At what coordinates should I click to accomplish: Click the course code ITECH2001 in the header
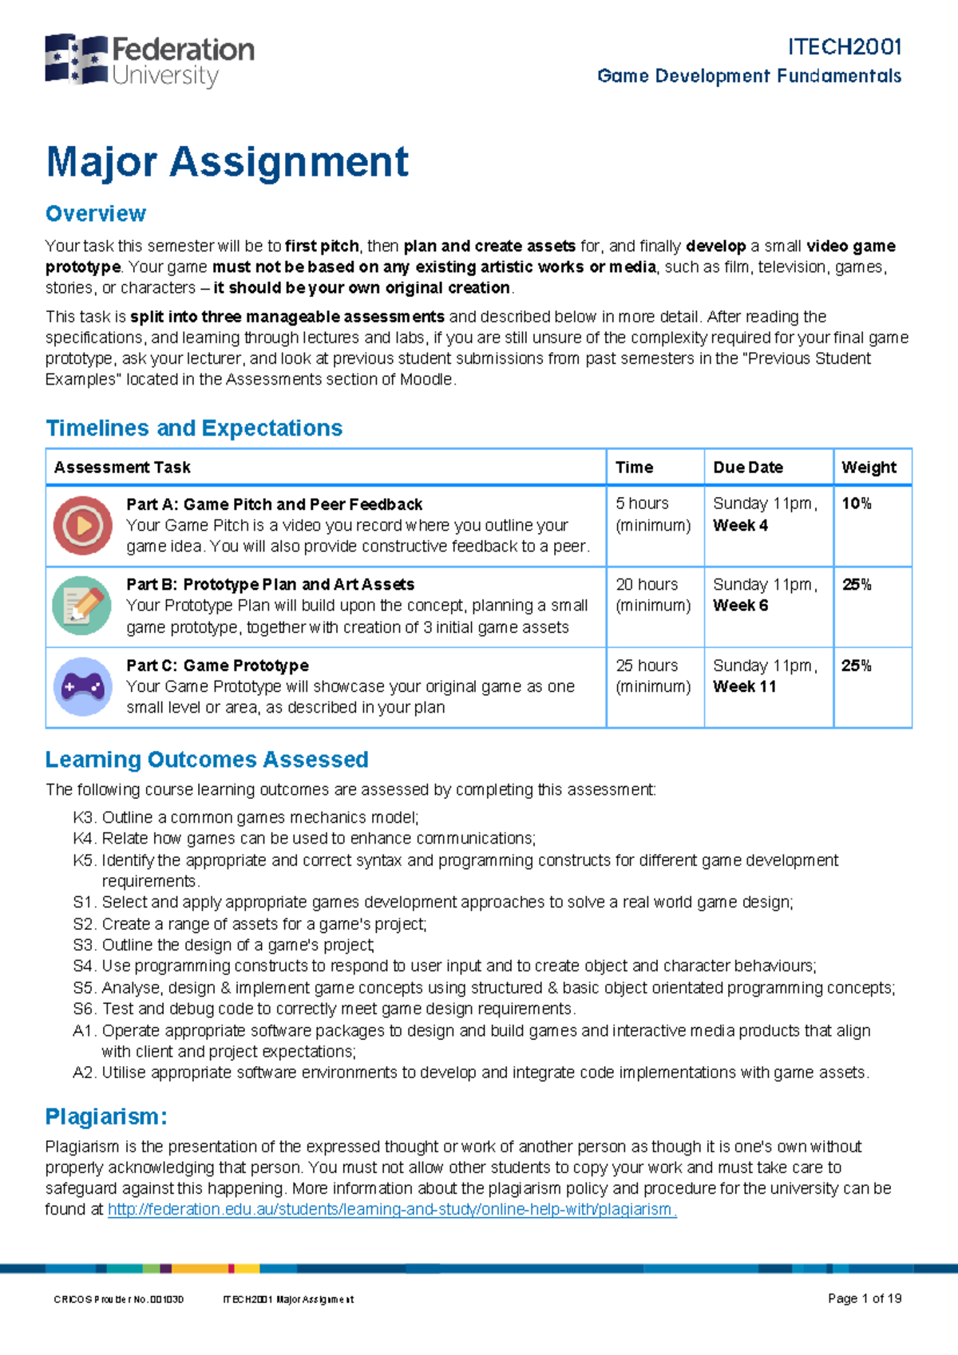[x=844, y=47]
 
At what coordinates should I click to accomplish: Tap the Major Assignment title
[x=228, y=162]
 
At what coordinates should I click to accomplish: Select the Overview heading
[x=96, y=214]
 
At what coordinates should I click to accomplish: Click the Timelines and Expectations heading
[x=194, y=429]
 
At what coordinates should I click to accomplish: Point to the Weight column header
[x=869, y=468]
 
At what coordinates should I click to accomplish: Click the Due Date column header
[x=748, y=468]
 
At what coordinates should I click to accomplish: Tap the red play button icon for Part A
[x=83, y=526]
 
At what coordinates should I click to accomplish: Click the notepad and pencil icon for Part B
[x=82, y=606]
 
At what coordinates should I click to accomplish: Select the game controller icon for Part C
[x=83, y=686]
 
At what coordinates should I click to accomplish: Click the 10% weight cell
[x=857, y=504]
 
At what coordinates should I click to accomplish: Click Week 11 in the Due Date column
[x=744, y=686]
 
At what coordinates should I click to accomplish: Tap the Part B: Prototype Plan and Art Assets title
[x=270, y=584]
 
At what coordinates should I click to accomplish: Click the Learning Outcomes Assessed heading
[x=207, y=760]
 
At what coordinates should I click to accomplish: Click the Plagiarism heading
[x=106, y=1116]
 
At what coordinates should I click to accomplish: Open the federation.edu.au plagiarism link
[x=392, y=1210]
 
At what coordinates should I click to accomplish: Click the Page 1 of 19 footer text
[x=865, y=1298]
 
